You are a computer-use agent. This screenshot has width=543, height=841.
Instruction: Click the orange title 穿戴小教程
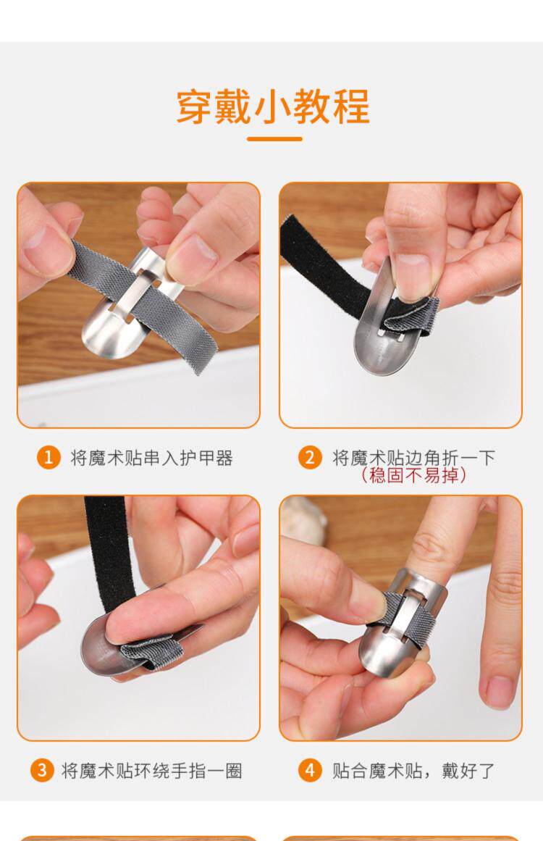point(272,106)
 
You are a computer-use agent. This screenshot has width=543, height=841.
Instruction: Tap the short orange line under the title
point(274,139)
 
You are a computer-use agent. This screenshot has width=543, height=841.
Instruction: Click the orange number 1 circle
point(49,458)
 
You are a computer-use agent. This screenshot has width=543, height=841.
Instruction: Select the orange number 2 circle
point(310,458)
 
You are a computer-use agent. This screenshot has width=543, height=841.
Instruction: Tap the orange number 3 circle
point(42,770)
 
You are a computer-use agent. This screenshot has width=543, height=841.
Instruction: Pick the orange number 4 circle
point(310,770)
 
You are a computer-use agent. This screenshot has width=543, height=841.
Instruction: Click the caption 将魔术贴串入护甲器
point(152,458)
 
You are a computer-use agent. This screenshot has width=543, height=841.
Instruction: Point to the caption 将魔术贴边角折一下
point(413,458)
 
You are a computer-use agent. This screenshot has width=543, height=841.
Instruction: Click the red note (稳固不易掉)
point(413,474)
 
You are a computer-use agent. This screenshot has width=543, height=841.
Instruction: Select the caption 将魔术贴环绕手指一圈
point(152,771)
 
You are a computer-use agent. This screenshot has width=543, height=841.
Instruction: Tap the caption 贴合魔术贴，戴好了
point(413,771)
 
